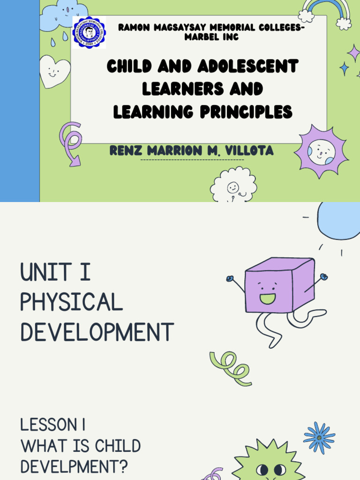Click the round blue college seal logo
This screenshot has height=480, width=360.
click(89, 32)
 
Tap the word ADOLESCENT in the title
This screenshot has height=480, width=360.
click(247, 67)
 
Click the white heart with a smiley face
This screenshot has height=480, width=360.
click(53, 71)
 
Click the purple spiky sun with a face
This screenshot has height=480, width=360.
click(322, 151)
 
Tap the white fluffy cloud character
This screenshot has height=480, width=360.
click(233, 186)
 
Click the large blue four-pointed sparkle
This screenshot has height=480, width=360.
click(345, 68)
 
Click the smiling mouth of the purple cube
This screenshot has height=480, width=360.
click(268, 299)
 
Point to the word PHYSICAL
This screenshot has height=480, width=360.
click(71, 302)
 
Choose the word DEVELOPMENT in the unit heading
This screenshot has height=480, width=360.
click(97, 332)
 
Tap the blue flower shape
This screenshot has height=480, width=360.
click(319, 437)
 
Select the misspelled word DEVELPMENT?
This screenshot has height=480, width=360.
click(74, 467)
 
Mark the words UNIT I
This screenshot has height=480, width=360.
click(55, 272)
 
